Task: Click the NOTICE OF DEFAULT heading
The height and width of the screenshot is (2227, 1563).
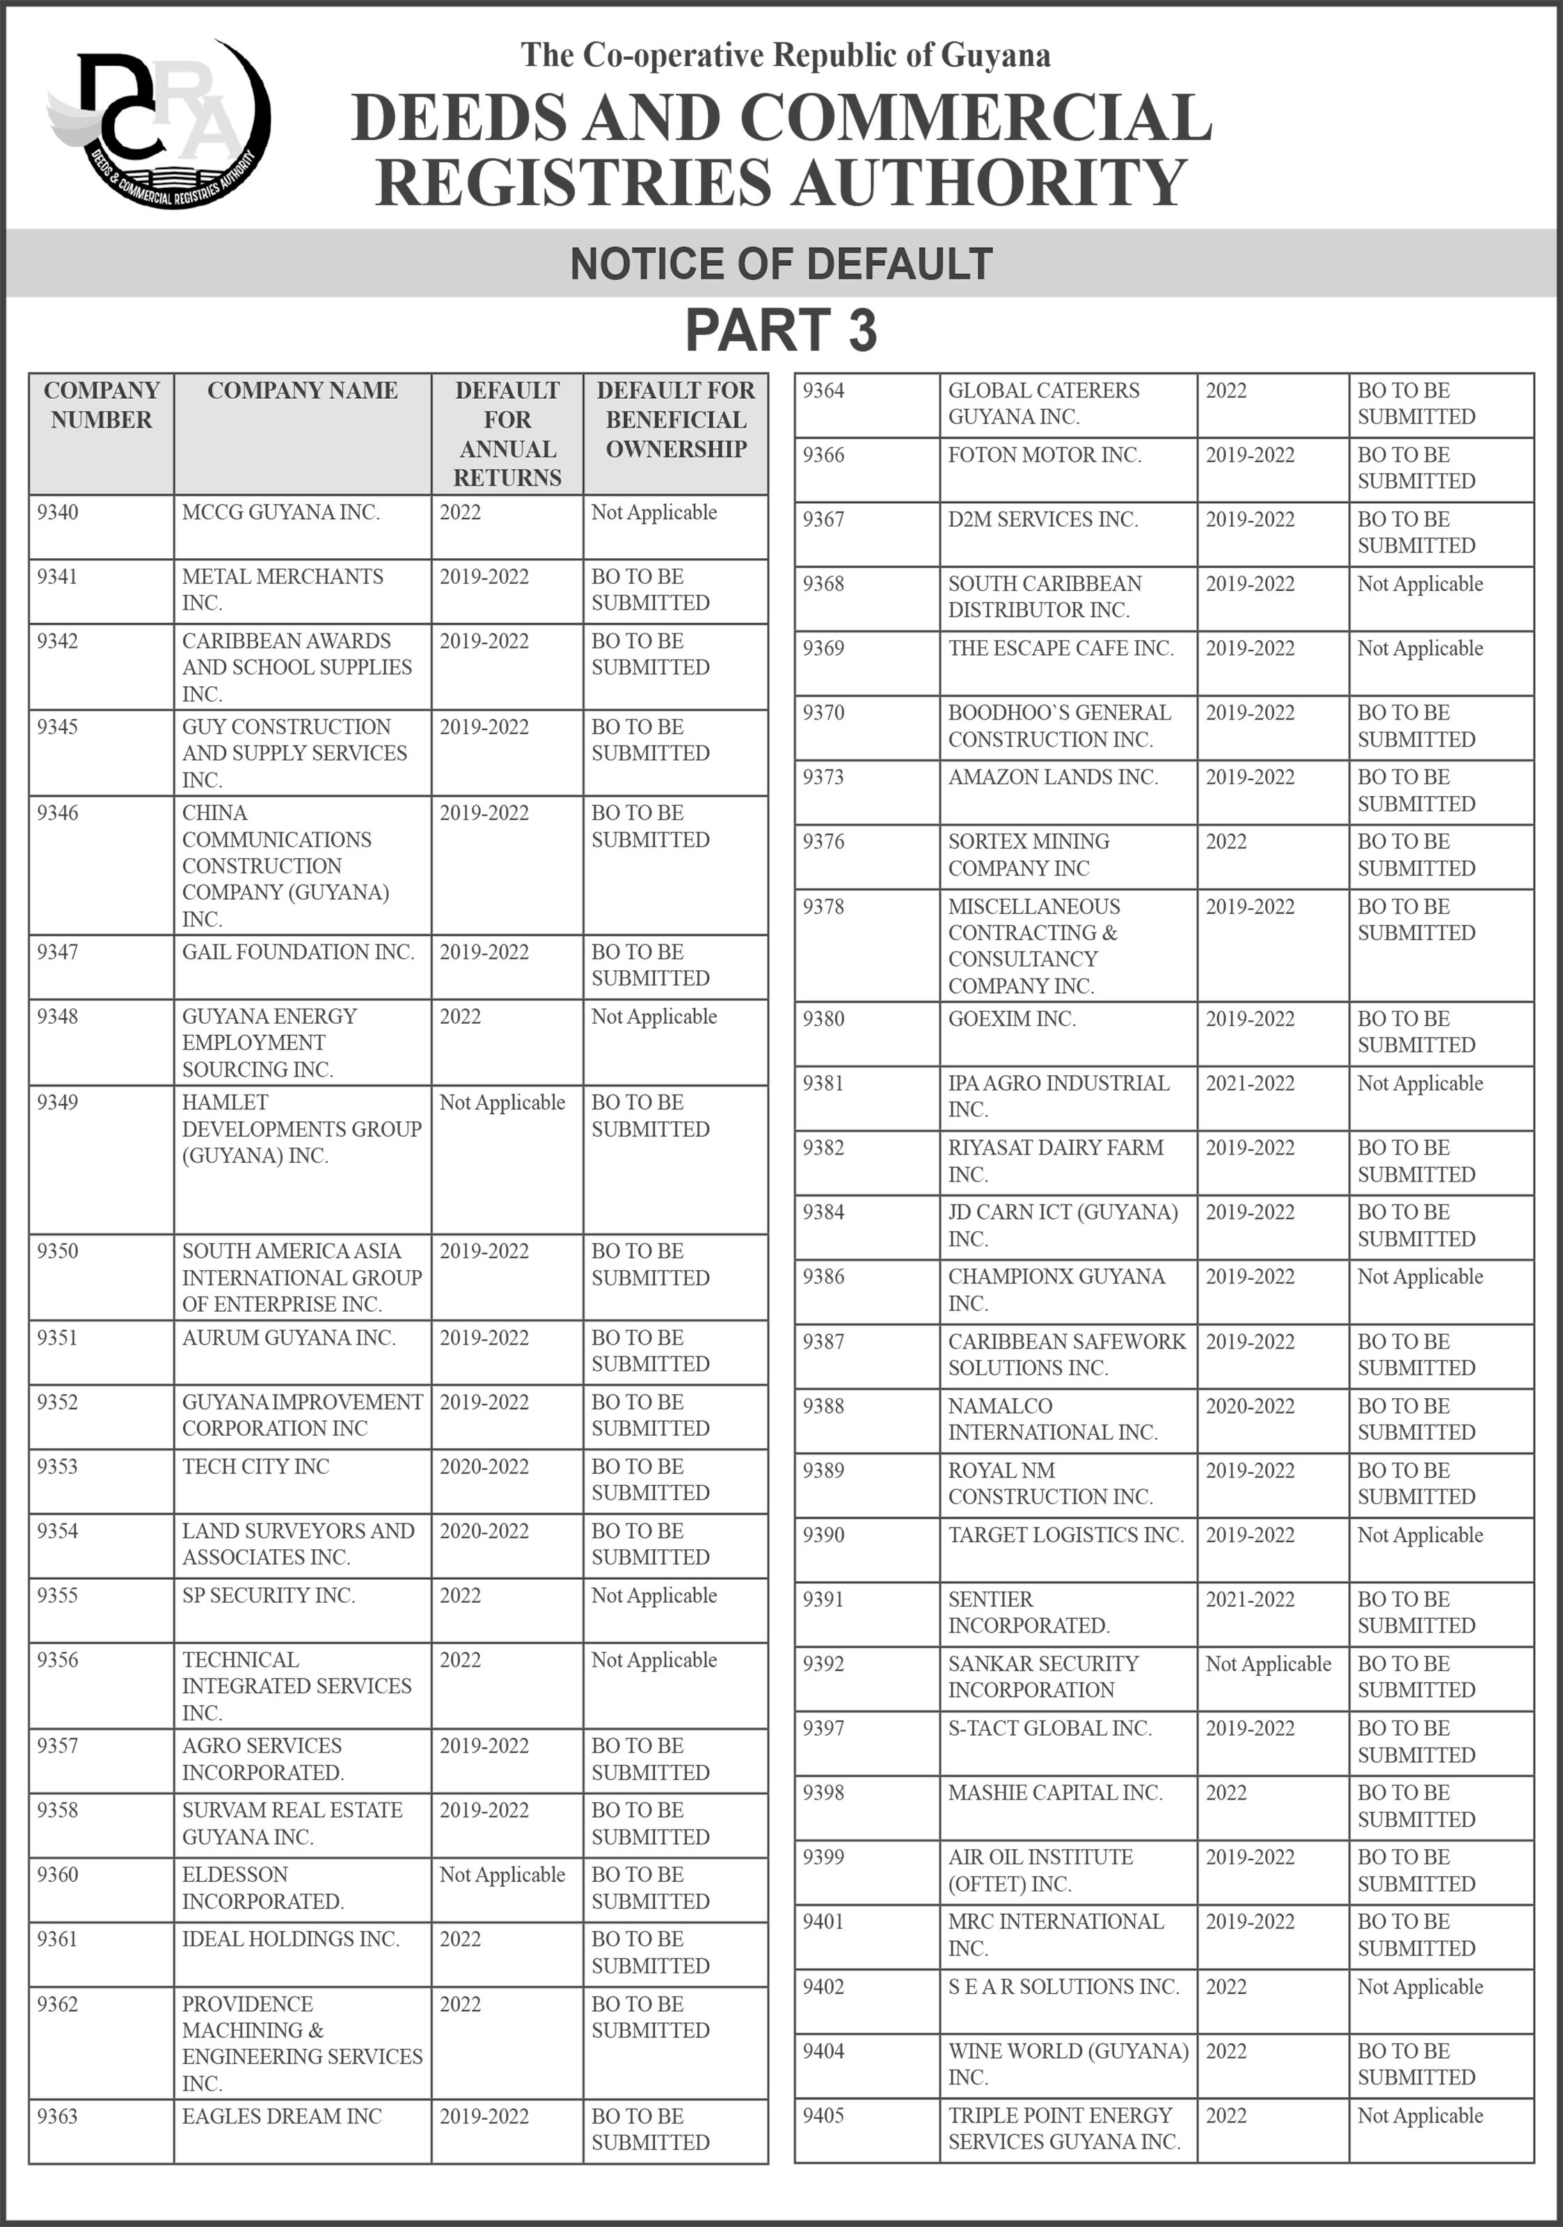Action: click(x=781, y=264)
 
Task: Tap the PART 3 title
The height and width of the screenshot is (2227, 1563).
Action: click(x=781, y=330)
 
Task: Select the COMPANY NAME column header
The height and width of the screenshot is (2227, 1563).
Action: click(x=303, y=391)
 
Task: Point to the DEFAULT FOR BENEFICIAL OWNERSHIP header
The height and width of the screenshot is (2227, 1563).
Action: click(x=675, y=420)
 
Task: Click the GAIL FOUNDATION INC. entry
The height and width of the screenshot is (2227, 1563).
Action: click(x=298, y=953)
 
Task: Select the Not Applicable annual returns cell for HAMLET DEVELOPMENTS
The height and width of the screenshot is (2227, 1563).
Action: click(x=502, y=1103)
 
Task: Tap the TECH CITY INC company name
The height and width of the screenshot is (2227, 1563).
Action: click(x=256, y=1466)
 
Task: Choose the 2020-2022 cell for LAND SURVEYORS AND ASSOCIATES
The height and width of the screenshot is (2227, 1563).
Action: click(x=484, y=1532)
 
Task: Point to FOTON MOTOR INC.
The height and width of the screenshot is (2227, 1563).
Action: click(x=1045, y=455)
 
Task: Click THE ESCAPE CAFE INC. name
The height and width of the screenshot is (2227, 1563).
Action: click(x=1061, y=648)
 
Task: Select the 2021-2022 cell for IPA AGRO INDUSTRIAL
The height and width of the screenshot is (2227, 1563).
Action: click(x=1250, y=1084)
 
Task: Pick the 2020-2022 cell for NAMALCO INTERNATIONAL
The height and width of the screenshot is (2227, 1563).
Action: click(x=1250, y=1406)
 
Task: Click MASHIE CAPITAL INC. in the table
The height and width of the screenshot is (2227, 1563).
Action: click(x=1055, y=1793)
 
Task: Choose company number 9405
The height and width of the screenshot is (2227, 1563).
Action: click(x=823, y=2116)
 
